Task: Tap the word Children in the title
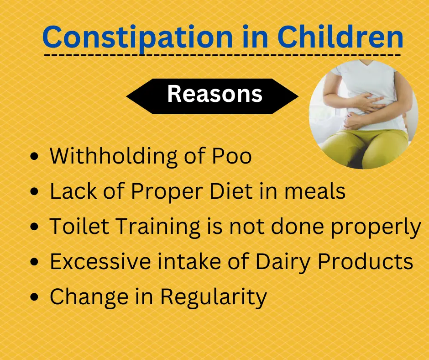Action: point(340,37)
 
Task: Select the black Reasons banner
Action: point(212,96)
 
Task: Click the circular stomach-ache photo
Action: point(364,114)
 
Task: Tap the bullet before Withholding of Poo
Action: point(34,157)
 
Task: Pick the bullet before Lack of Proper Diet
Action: point(34,191)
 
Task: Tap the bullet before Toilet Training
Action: point(34,227)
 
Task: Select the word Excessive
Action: point(100,261)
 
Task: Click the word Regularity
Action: point(214,298)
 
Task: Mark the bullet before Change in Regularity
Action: point(34,297)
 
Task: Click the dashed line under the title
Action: point(222,55)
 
